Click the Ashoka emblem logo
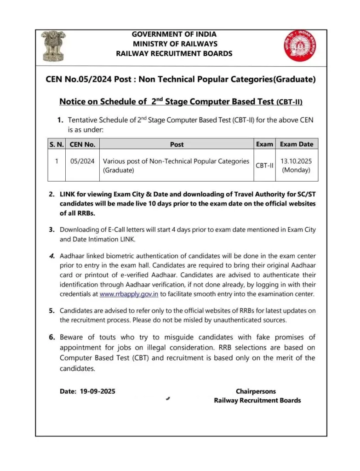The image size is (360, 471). coord(53,46)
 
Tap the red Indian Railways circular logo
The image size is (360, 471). coord(297,46)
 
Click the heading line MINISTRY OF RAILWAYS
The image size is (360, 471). coord(174,44)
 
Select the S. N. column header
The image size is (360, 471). coord(57,144)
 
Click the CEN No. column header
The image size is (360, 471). coord(82,144)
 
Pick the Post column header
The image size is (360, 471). coord(177,144)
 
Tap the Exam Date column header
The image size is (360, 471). coord(297,144)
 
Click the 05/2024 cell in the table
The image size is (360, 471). coord(82,161)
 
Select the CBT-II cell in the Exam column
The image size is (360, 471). coord(264,166)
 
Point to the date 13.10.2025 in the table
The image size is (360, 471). coord(297,161)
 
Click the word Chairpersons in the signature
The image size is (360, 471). coord(256,391)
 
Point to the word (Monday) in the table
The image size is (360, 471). coord(297,170)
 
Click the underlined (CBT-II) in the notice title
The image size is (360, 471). coord(289,102)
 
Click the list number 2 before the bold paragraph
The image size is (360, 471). coord(52,195)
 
